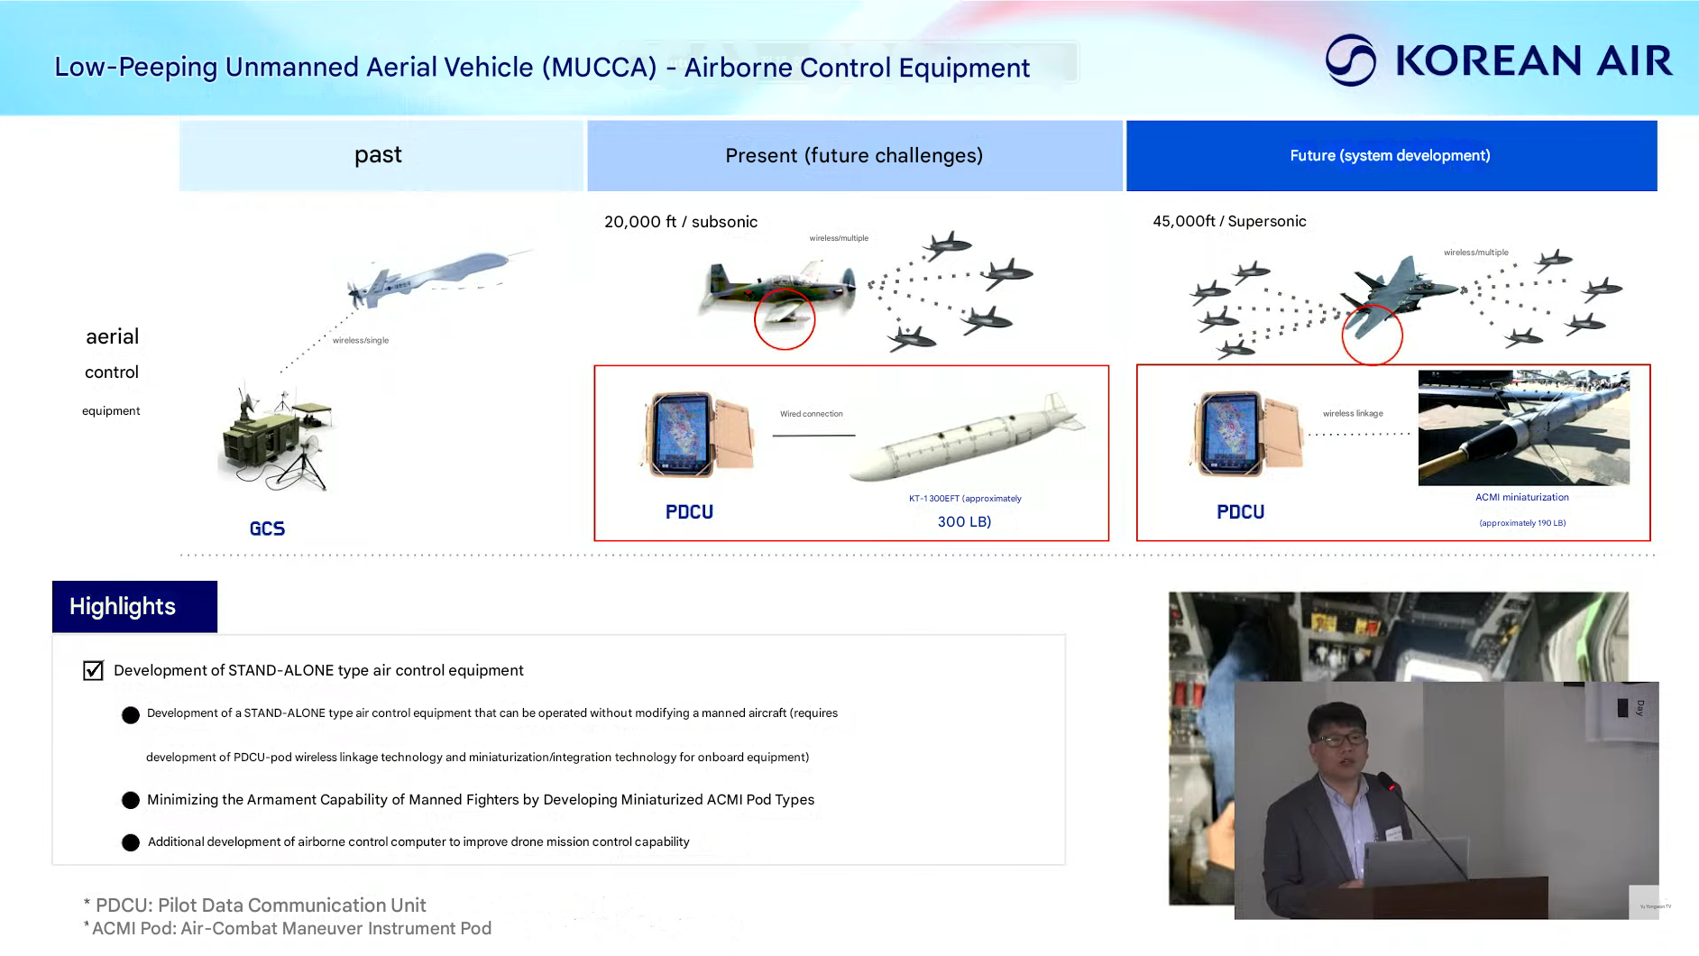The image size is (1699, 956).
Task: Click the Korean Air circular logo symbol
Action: pyautogui.click(x=1350, y=60)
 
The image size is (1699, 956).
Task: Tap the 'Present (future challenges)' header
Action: pyautogui.click(x=854, y=155)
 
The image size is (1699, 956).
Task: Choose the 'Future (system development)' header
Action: pyautogui.click(x=1391, y=155)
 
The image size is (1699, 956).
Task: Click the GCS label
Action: pyautogui.click(x=267, y=529)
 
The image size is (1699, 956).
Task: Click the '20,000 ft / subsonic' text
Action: pyautogui.click(x=681, y=222)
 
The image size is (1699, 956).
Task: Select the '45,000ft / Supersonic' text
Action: pyautogui.click(x=1229, y=221)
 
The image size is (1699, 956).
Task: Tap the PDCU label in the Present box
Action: pyautogui.click(x=689, y=512)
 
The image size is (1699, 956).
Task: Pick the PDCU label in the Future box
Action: pyautogui.click(x=1240, y=512)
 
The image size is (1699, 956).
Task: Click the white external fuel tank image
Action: pyautogui.click(x=967, y=437)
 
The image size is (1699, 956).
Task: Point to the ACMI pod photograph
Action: pyautogui.click(x=1523, y=427)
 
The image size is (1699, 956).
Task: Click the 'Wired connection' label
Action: pyautogui.click(x=812, y=414)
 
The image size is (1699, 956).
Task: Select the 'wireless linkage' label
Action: pyautogui.click(x=1353, y=413)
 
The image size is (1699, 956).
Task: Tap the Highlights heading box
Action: pyautogui.click(x=134, y=606)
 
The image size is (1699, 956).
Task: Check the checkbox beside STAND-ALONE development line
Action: pyautogui.click(x=93, y=670)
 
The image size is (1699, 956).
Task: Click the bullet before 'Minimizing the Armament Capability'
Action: pyautogui.click(x=131, y=800)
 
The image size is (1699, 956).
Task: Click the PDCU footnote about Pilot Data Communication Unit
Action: pyautogui.click(x=254, y=905)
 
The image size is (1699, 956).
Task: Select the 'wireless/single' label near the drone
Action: pyautogui.click(x=361, y=340)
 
